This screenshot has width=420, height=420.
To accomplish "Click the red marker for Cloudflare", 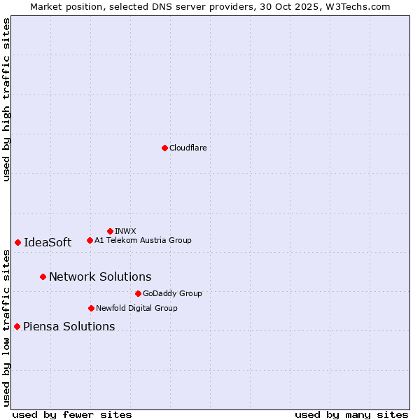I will [x=164, y=148].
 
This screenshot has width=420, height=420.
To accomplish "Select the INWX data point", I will [x=110, y=231].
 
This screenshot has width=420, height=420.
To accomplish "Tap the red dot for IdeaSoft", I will [x=17, y=242].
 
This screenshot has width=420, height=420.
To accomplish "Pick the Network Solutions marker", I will [x=43, y=276].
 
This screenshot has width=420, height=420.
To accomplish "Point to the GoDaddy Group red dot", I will [x=138, y=293].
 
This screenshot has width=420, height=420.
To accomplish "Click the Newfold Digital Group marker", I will [x=91, y=308].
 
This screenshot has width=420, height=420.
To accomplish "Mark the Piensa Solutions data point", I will [x=17, y=326].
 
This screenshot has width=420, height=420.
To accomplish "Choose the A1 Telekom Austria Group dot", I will [x=90, y=240].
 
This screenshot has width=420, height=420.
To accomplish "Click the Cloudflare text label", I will [x=188, y=148].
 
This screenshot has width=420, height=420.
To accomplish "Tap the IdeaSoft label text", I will [x=48, y=242].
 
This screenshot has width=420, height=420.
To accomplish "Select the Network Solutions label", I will [x=100, y=276].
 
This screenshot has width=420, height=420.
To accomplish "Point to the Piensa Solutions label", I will [x=69, y=326].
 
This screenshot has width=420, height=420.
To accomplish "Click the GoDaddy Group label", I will [x=172, y=293].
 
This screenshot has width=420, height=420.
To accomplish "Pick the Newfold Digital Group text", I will [x=136, y=308].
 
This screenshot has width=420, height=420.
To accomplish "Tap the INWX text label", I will [x=125, y=231].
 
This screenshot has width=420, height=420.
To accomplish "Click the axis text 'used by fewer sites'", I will [x=72, y=414].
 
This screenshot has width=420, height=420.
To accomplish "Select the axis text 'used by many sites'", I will [x=351, y=414].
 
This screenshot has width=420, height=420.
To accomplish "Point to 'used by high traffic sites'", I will [x=6, y=100].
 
